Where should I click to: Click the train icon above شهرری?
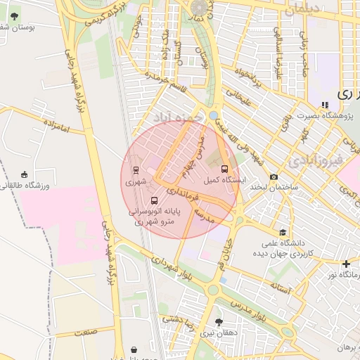134,169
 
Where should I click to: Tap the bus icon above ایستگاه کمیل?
224,169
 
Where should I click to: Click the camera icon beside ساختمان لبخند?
274,176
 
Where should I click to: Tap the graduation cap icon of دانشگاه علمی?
283,232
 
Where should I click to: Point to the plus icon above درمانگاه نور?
346,264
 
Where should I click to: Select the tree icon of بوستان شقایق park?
14,15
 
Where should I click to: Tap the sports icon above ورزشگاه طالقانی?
25,174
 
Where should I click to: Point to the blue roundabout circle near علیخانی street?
213,115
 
